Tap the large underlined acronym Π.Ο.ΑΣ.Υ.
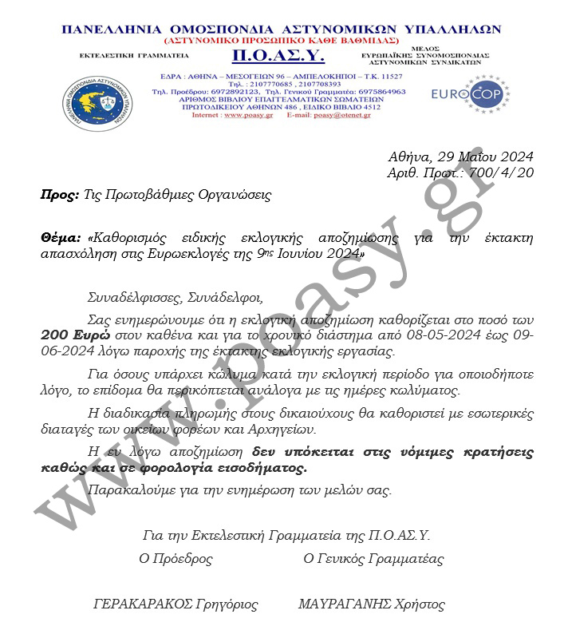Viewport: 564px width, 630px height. pyautogui.click(x=268, y=54)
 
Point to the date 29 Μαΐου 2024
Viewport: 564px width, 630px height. pyautogui.click(x=484, y=156)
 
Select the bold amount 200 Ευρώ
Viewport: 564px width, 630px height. pyautogui.click(x=73, y=335)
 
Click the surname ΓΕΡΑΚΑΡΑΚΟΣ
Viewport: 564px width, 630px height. pyautogui.click(x=143, y=604)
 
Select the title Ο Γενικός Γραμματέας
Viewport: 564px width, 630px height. pyautogui.click(x=373, y=559)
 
